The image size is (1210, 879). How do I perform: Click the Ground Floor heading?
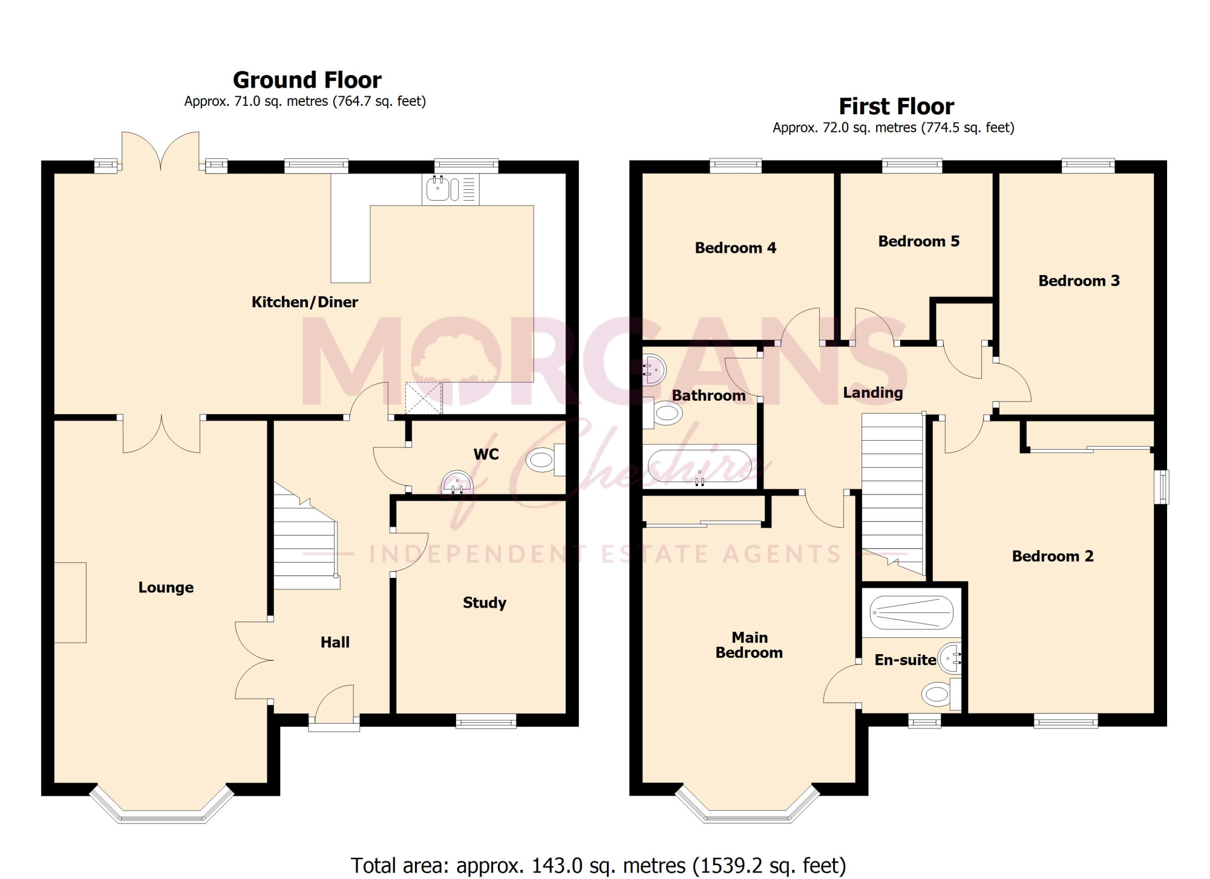point(307,80)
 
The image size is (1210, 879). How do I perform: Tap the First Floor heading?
point(896,106)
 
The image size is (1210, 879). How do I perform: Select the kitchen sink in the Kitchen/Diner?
point(451,189)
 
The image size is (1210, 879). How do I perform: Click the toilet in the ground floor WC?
point(546,460)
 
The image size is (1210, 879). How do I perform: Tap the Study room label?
point(485,603)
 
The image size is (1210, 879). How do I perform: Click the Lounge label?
point(166,588)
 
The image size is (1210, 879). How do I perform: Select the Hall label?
point(335,642)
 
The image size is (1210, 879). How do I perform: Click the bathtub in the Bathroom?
point(699,467)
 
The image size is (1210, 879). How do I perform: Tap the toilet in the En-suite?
point(941,694)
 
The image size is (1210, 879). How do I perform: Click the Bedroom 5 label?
point(919,241)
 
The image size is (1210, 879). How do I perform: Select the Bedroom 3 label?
point(1079,281)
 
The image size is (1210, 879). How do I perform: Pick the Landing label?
point(873,393)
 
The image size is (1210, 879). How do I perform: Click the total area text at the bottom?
point(598,866)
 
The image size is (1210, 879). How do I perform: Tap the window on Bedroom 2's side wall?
point(1162,487)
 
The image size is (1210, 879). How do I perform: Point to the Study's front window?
point(486,721)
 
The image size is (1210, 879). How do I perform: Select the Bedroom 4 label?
point(736,248)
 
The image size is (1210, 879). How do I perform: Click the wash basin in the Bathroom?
point(654,369)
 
